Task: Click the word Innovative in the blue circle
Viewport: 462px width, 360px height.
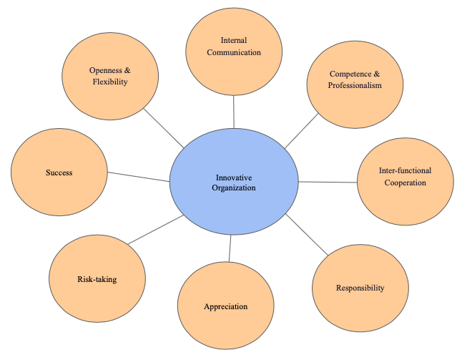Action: [234, 177]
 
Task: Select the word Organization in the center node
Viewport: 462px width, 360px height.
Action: [234, 188]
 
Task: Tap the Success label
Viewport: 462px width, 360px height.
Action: [59, 172]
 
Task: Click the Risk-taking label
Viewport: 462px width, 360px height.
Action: [97, 279]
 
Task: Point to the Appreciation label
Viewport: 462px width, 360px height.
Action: [225, 306]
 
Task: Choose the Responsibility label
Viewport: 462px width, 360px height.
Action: [360, 288]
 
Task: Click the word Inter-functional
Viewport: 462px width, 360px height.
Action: [405, 171]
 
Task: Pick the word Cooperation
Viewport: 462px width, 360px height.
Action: [405, 183]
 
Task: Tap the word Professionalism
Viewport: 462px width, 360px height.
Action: [355, 85]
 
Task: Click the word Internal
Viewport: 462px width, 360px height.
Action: [234, 41]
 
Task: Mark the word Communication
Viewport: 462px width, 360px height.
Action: [234, 52]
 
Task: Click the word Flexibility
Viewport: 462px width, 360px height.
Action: [109, 82]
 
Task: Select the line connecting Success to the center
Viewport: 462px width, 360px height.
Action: [138, 176]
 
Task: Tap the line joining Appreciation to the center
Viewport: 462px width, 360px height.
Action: [230, 248]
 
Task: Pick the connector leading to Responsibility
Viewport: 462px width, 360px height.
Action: [306, 233]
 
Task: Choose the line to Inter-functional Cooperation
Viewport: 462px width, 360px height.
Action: [328, 182]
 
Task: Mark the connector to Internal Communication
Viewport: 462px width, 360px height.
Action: [234, 112]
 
